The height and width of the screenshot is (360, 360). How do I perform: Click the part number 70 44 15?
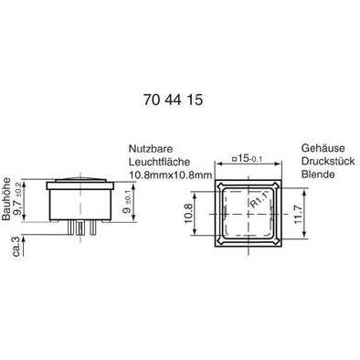click(173, 100)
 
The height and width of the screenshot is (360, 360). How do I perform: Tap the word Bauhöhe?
click(6, 199)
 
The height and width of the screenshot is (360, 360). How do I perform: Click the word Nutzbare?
click(151, 149)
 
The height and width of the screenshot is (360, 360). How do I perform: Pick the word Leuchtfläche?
click(159, 162)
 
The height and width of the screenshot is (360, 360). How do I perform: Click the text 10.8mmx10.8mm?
click(171, 175)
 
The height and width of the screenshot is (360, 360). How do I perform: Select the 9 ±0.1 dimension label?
click(128, 202)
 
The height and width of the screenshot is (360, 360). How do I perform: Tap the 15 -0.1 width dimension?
click(248, 158)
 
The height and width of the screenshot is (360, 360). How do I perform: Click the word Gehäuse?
click(323, 148)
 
